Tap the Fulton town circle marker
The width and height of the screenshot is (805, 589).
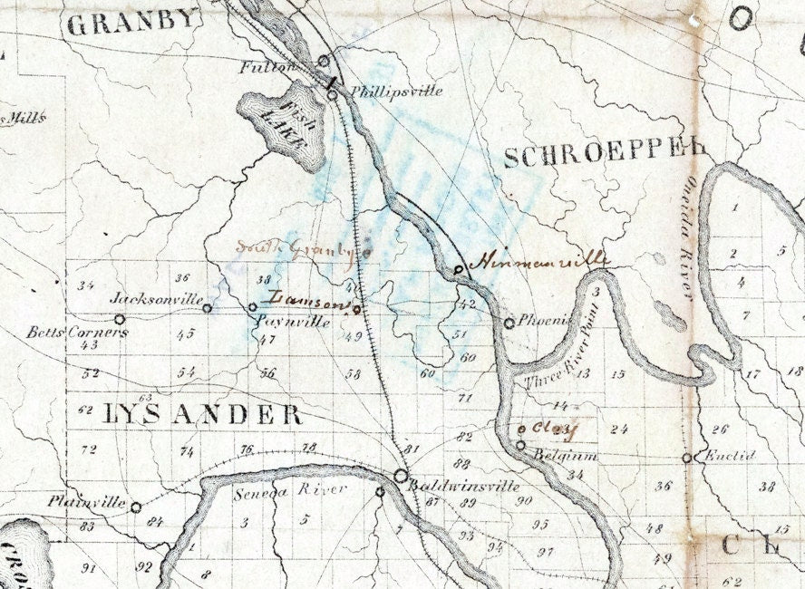click(324, 61)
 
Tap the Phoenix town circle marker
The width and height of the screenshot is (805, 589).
click(509, 323)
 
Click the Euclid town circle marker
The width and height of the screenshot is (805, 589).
click(687, 458)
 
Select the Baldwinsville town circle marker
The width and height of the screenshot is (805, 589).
click(401, 476)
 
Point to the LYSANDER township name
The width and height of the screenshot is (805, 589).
click(202, 415)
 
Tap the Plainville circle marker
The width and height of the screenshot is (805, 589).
click(136, 507)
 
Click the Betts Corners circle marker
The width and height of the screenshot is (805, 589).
click(119, 319)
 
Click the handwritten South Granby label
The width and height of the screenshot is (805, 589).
click(295, 247)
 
